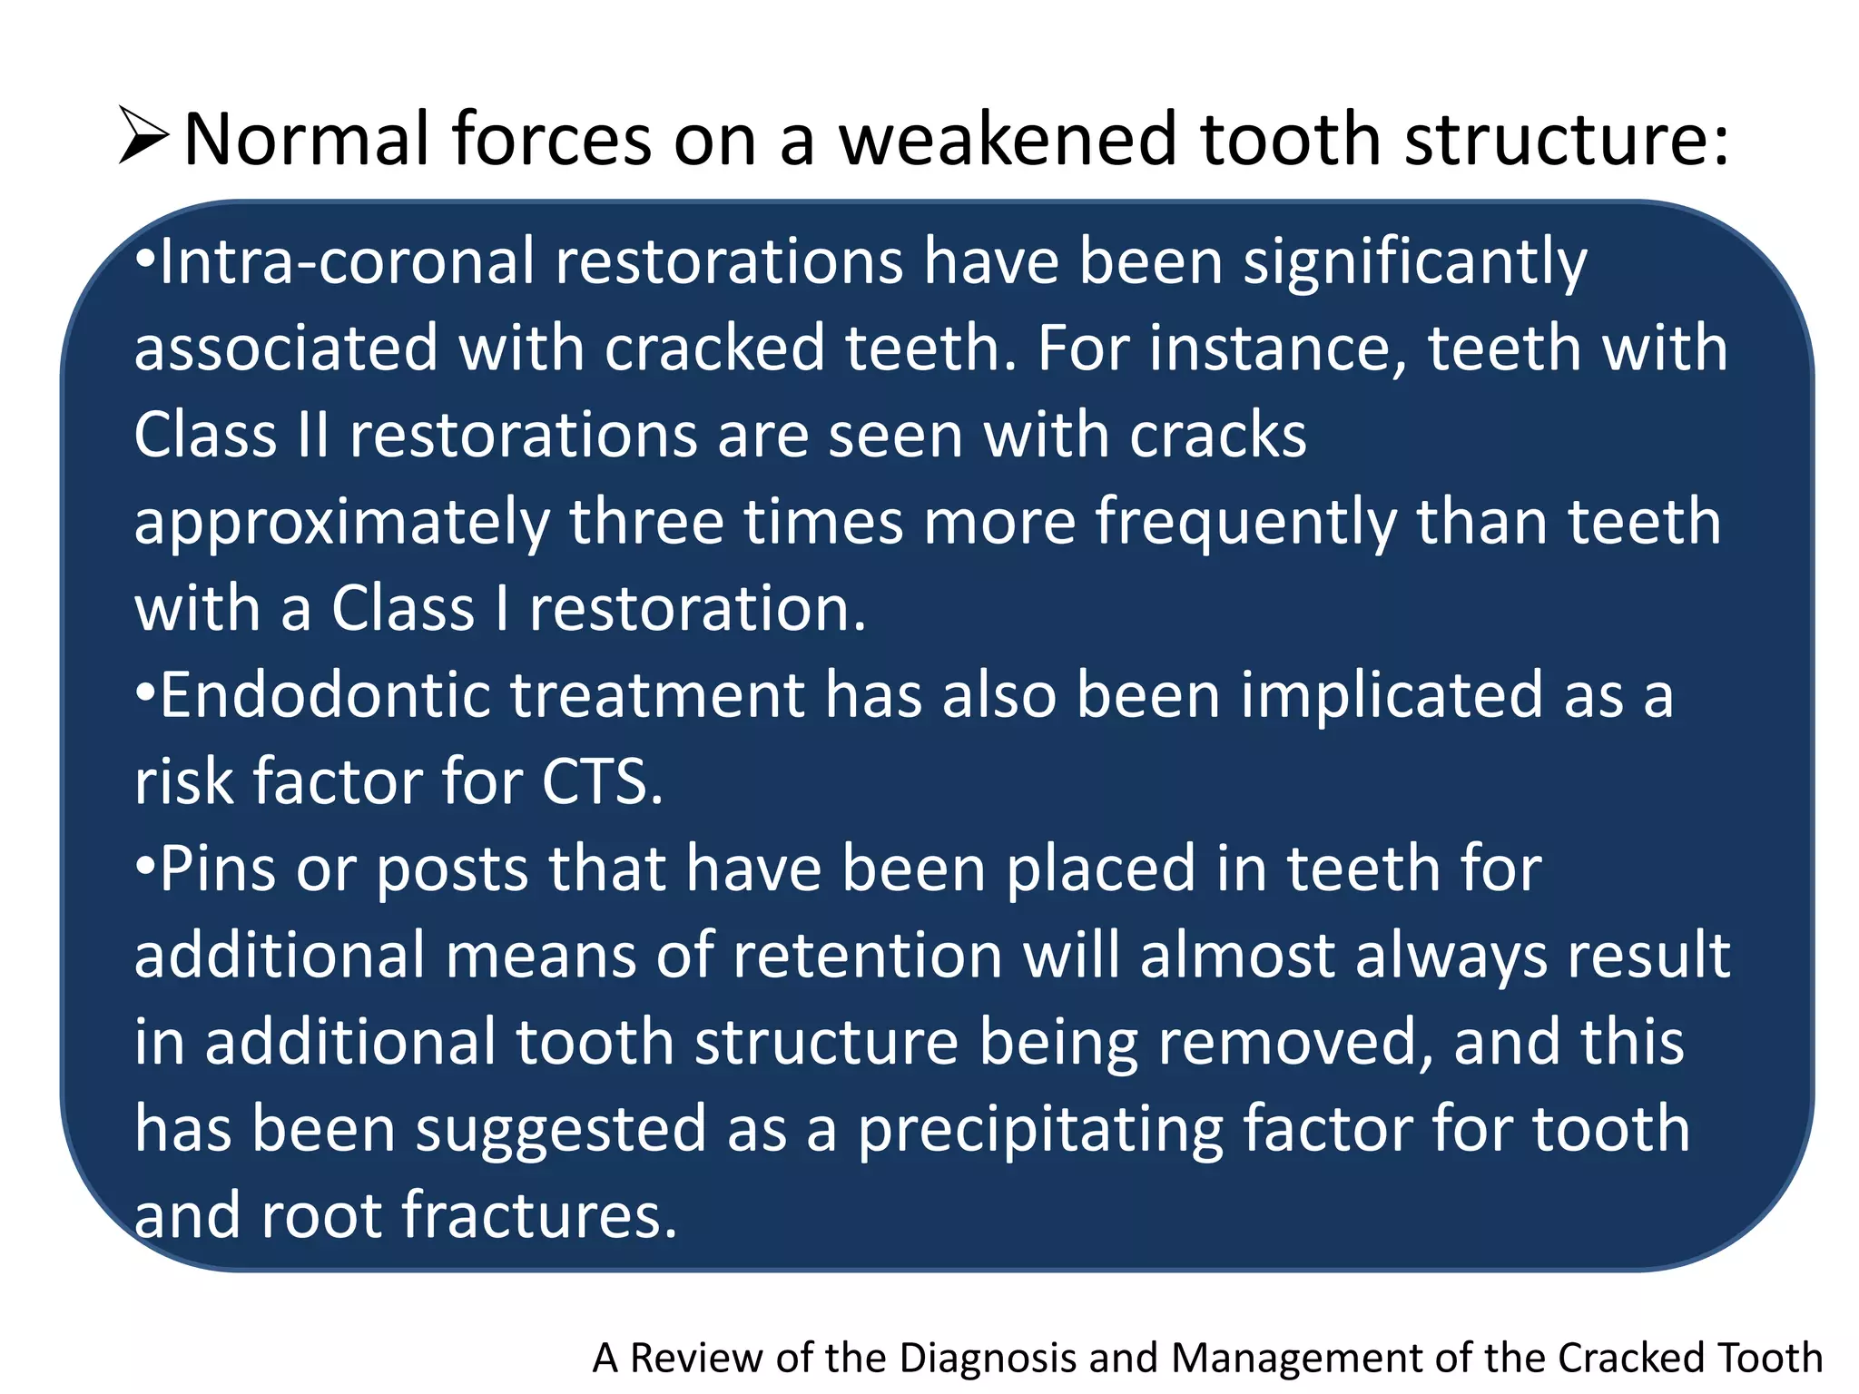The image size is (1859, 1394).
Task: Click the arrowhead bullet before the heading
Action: point(143,137)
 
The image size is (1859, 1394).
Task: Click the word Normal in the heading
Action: point(306,139)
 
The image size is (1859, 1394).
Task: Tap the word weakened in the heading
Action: point(1008,139)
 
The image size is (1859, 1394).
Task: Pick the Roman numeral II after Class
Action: point(313,435)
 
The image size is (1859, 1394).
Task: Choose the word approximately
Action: point(342,525)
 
